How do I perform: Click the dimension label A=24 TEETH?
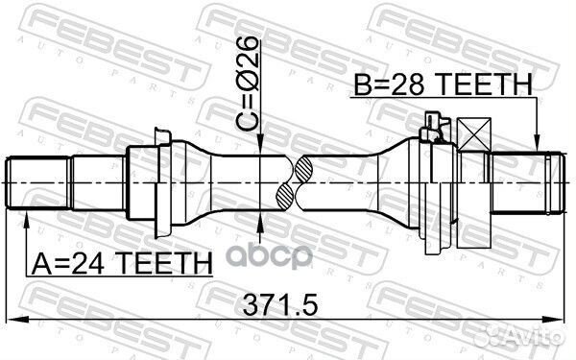click(x=122, y=263)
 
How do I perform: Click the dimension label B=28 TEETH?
click(x=443, y=84)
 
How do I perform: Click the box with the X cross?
click(x=474, y=134)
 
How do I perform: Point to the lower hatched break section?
click(x=285, y=197)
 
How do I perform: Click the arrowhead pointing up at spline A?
click(x=26, y=221)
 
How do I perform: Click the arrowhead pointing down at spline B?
click(x=537, y=142)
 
